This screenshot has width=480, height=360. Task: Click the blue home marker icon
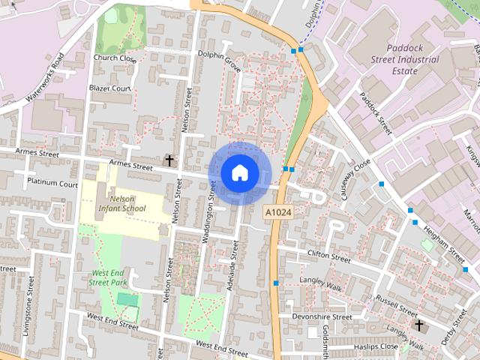click(x=239, y=173)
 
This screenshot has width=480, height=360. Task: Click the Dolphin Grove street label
click(x=219, y=60)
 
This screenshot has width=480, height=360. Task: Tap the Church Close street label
click(x=115, y=58)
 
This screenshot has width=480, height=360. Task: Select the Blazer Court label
click(x=109, y=88)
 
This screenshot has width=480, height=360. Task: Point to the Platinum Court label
click(x=52, y=183)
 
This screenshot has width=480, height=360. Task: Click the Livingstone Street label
click(x=28, y=307)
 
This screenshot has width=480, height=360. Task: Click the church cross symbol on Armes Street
click(x=169, y=160)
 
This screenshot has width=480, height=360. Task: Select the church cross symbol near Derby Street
click(x=419, y=325)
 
